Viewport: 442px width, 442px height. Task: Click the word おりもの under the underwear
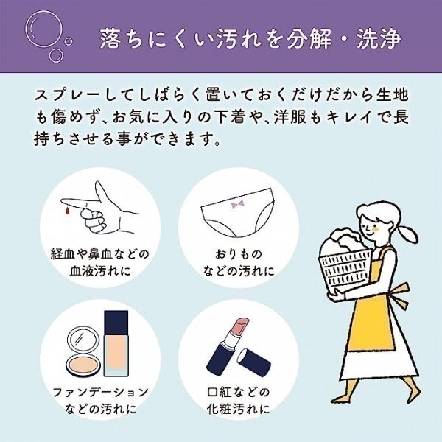coord(238,254)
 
